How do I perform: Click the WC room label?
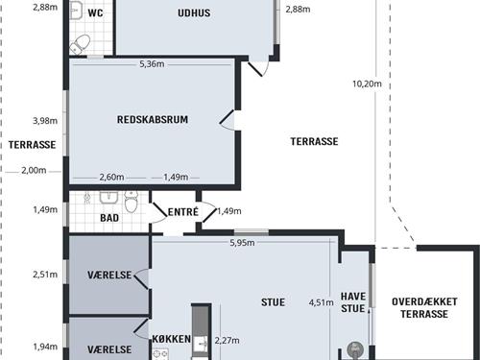pyautogui.click(x=95, y=13)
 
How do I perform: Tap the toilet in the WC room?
pyautogui.click(x=82, y=42)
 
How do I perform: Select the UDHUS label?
pyautogui.click(x=194, y=13)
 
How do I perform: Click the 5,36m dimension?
pyautogui.click(x=152, y=64)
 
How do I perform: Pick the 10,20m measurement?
pyautogui.click(x=368, y=84)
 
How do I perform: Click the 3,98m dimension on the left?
pyautogui.click(x=44, y=121)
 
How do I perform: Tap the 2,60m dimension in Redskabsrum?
pyautogui.click(x=111, y=177)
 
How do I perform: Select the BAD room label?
pyautogui.click(x=110, y=218)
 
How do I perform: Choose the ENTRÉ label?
pyautogui.click(x=182, y=211)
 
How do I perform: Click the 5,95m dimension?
pyautogui.click(x=242, y=243)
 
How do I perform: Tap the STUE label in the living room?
pyautogui.click(x=274, y=301)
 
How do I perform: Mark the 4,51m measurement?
pyautogui.click(x=321, y=302)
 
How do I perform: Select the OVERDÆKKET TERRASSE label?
pyautogui.click(x=424, y=307)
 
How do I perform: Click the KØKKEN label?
pyautogui.click(x=171, y=340)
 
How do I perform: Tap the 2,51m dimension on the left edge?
pyautogui.click(x=44, y=274)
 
